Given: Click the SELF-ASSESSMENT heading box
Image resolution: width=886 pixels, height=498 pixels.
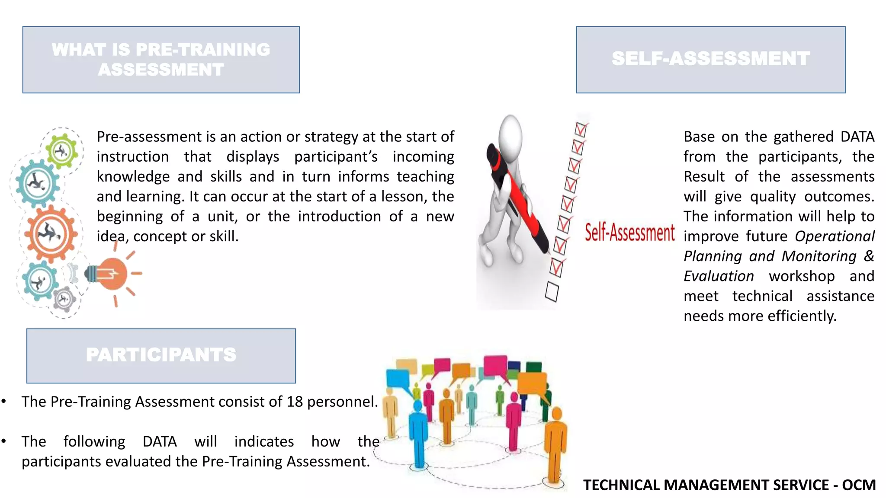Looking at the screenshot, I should point(710,60).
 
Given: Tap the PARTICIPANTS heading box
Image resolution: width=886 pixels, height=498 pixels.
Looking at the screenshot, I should point(161,355).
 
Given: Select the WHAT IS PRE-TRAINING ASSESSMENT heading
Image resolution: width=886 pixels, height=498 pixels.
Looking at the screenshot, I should point(161,60).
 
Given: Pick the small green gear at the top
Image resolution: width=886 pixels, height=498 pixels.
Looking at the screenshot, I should point(62,151).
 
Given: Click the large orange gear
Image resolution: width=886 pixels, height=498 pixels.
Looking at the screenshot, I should point(51,234).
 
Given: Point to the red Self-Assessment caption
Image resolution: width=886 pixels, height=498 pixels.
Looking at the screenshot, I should point(629,233).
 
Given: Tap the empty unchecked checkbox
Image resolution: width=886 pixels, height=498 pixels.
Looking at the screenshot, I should point(552,291).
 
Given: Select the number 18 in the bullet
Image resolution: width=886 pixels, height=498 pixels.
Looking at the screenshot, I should point(294,402).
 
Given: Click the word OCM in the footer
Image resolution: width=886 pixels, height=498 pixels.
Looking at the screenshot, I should point(858,485).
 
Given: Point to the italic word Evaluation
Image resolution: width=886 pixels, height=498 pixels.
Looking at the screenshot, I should point(719,276).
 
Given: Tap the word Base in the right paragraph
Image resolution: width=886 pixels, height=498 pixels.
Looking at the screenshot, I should point(699,137).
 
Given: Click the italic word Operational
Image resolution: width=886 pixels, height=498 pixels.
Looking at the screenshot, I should point(835,236).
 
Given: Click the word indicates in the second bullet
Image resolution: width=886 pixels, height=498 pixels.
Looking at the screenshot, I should point(264,441).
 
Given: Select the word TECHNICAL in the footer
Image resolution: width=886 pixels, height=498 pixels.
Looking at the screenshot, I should point(621,485).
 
